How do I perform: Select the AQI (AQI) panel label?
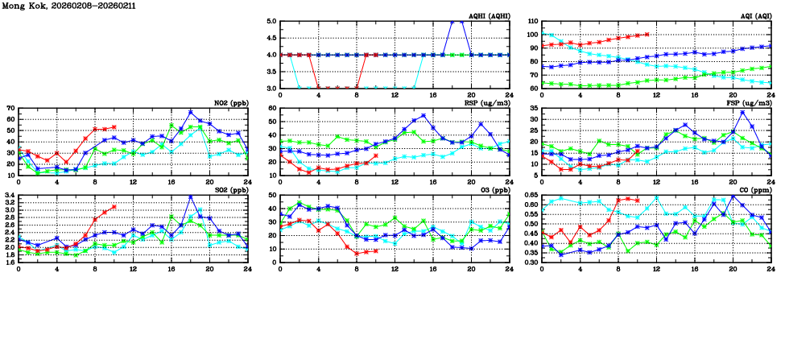point(754,16)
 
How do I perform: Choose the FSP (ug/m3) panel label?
point(750,102)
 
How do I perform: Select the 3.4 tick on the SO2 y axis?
point(10,195)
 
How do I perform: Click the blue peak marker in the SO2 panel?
point(190,197)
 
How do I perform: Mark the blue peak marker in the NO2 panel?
point(190,112)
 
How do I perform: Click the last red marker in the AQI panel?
point(647,35)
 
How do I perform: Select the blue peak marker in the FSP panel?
point(742,112)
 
